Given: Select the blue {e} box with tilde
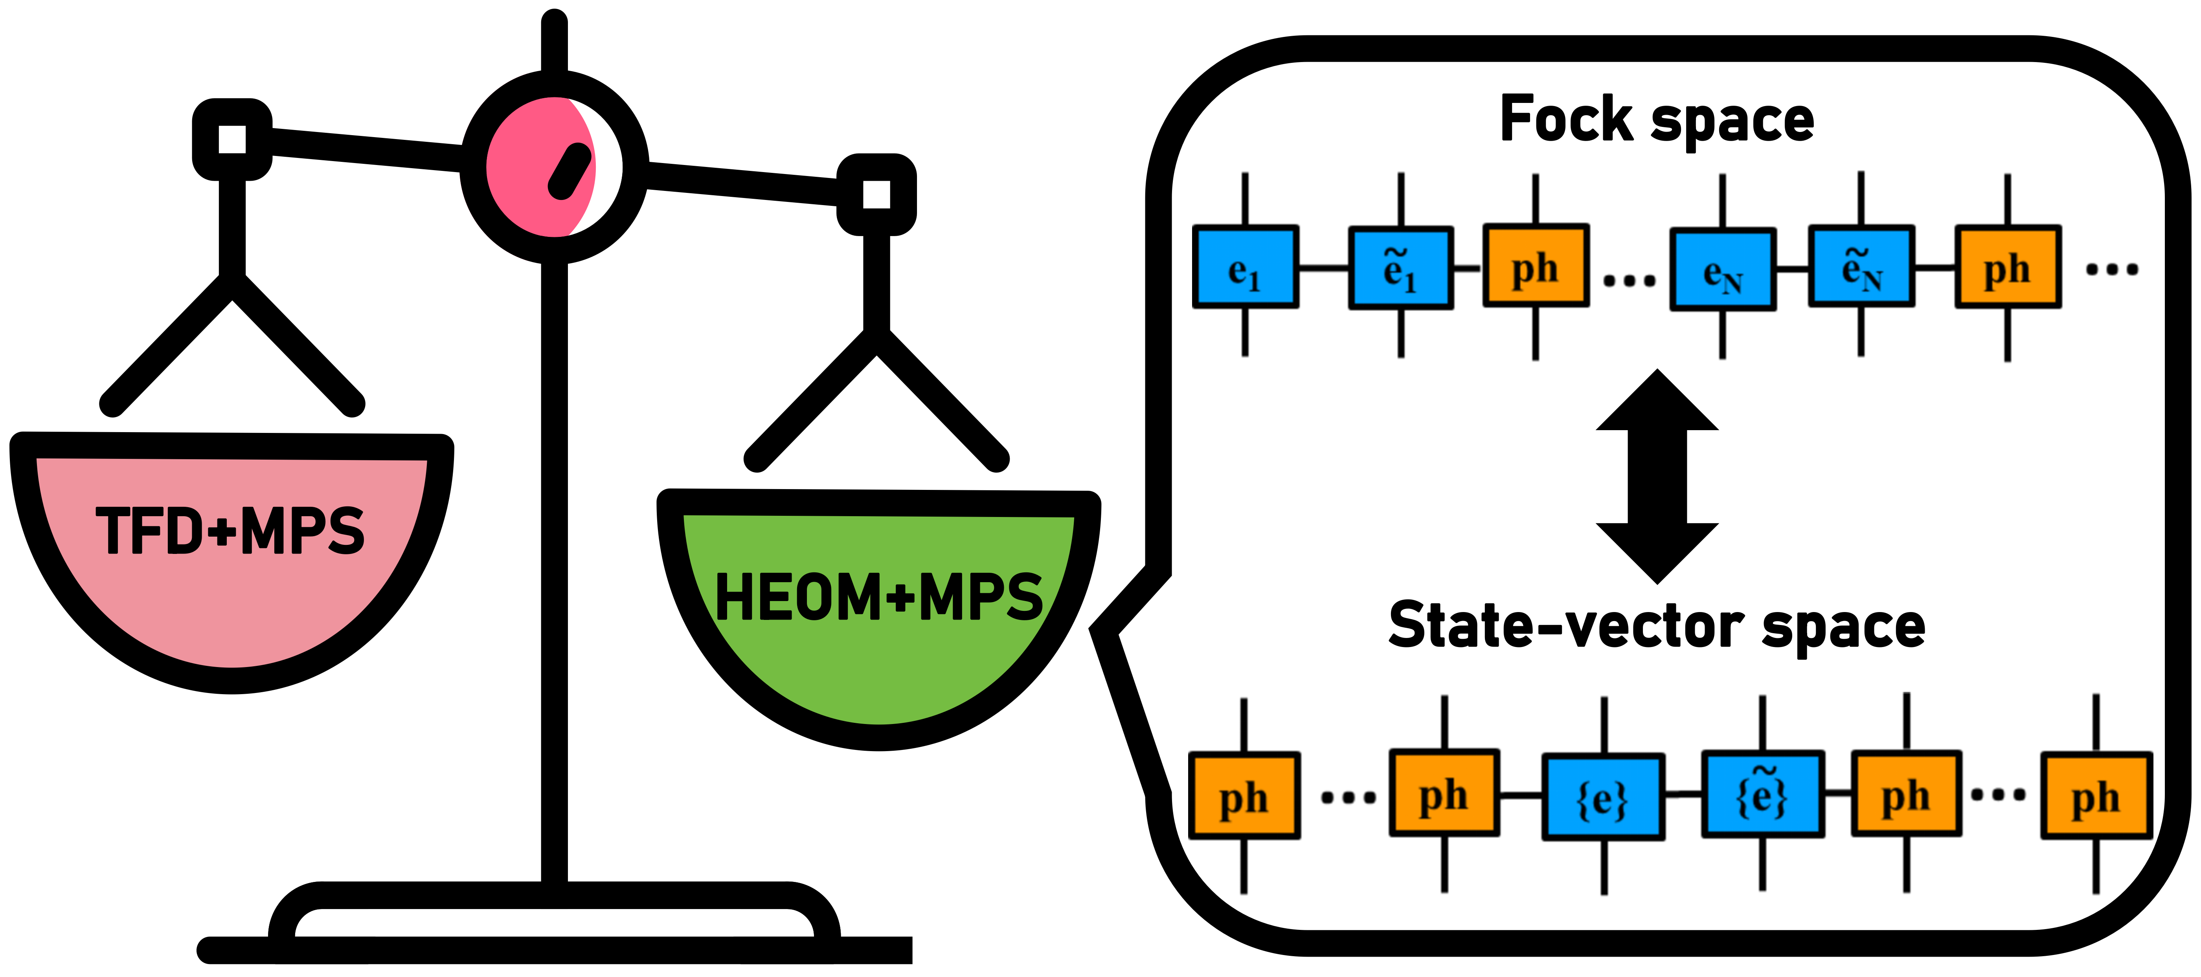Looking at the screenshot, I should (1763, 794).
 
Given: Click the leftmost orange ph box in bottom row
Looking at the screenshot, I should (1244, 796).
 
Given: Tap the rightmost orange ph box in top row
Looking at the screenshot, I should (2008, 267).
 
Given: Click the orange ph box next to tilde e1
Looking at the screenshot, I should (1536, 266).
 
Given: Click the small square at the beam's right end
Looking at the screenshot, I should (876, 194).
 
